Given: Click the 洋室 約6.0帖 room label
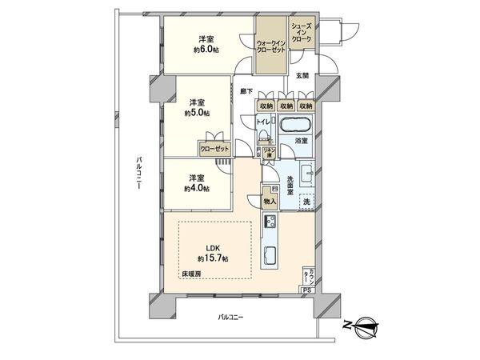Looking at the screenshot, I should coord(206,44).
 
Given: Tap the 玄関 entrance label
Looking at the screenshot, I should coord(302,76).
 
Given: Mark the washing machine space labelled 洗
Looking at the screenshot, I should coord(306,201).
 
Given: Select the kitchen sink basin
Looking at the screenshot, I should coord(270,258).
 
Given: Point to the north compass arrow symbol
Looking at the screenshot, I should coord(366,324).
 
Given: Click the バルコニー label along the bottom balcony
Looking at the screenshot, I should coord(230,318).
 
